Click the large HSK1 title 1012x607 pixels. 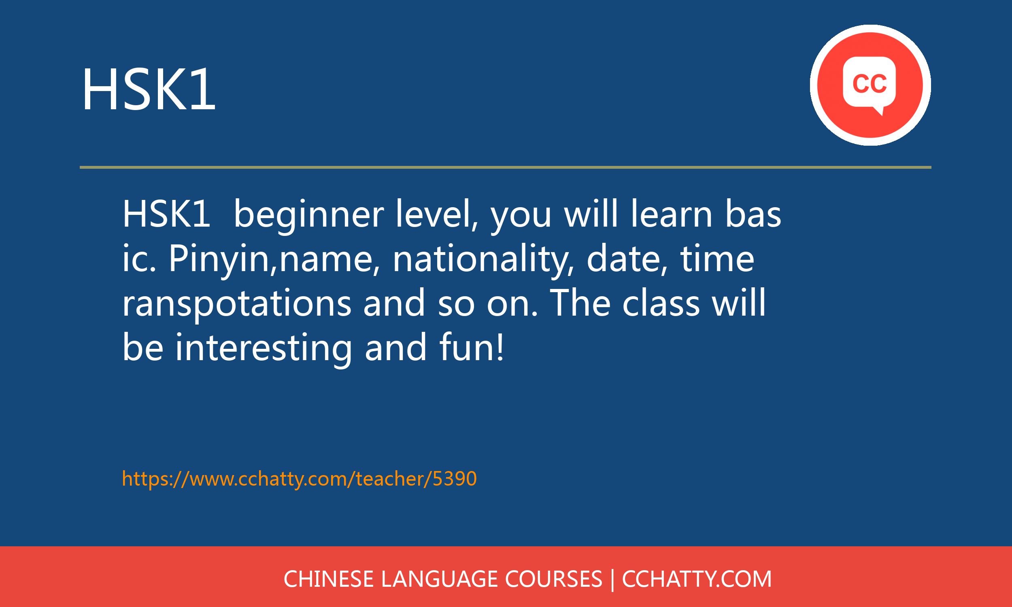[x=149, y=89]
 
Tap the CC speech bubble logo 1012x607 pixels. [x=870, y=85]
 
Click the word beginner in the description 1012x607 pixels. [x=308, y=215]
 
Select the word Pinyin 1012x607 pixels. [x=219, y=259]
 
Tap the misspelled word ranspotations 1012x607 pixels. [x=237, y=303]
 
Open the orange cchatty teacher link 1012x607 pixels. [x=300, y=479]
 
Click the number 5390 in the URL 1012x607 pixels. [x=455, y=479]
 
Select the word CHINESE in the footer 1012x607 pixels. [x=328, y=579]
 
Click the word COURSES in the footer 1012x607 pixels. [x=553, y=579]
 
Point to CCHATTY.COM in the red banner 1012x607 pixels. [x=697, y=579]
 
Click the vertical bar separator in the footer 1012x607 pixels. [x=612, y=580]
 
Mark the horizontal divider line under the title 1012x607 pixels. [x=506, y=167]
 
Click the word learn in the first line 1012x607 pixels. [x=672, y=215]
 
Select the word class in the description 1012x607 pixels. [x=661, y=303]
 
